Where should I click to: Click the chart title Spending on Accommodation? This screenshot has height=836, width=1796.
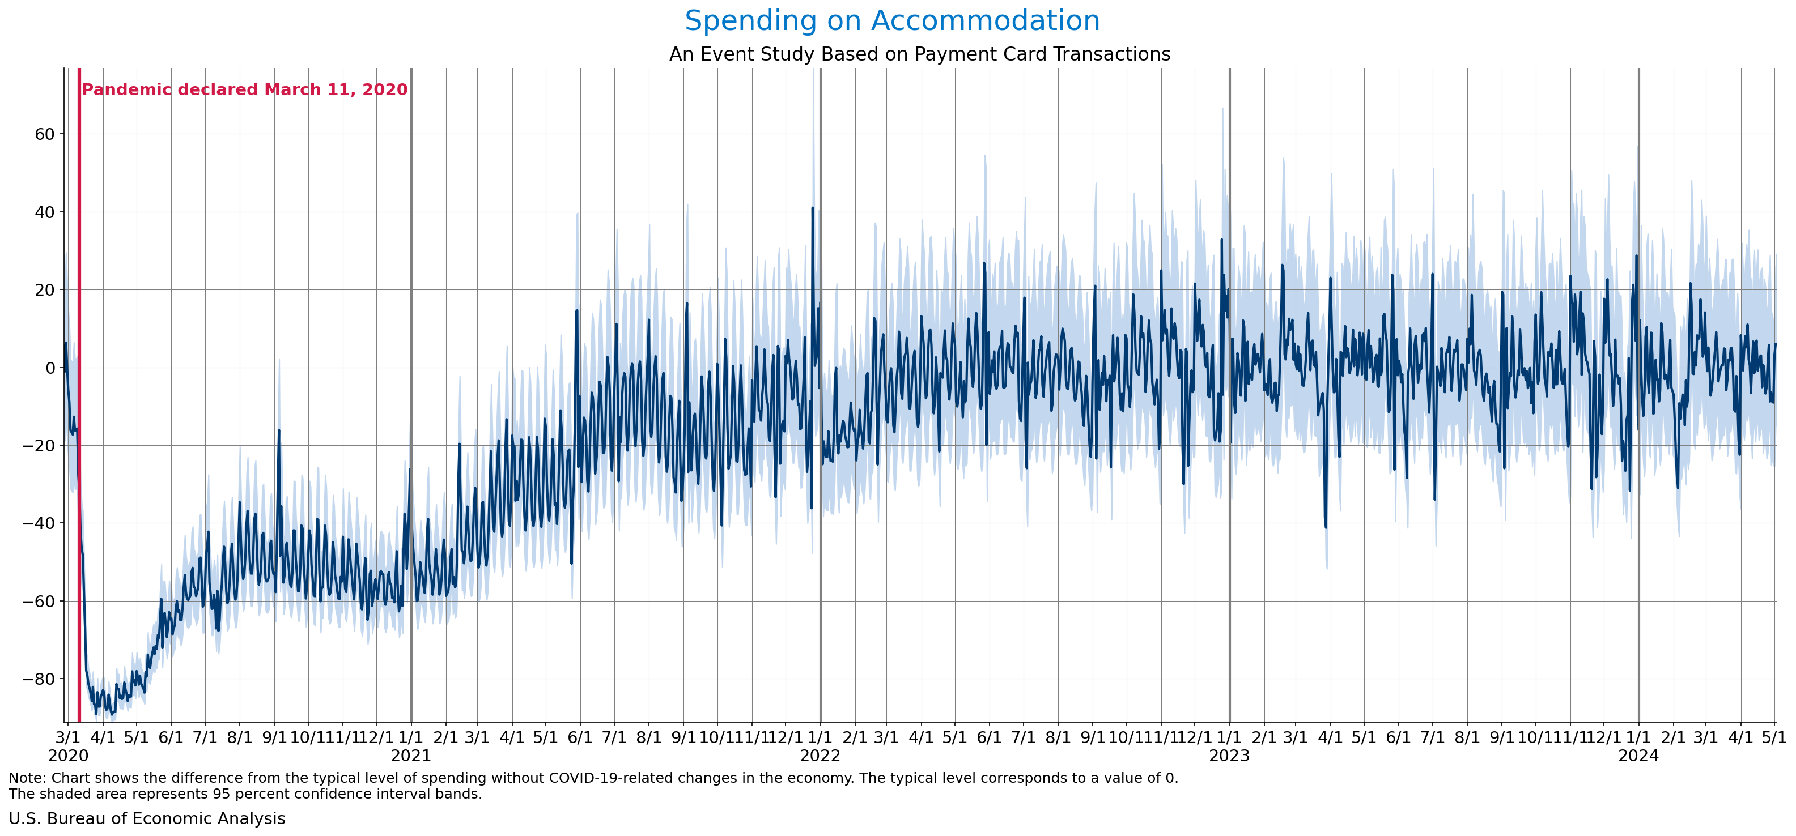pyautogui.click(x=891, y=21)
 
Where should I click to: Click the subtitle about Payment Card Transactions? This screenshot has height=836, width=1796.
pyautogui.click(x=919, y=54)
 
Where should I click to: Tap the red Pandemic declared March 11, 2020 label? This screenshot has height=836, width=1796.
pyautogui.click(x=245, y=90)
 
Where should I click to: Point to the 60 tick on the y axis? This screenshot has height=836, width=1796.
pyautogui.click(x=45, y=134)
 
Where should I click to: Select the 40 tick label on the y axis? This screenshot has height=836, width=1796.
pyautogui.click(x=45, y=212)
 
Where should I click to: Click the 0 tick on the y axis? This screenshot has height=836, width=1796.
pyautogui.click(x=49, y=368)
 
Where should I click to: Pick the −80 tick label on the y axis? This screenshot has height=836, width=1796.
pyautogui.click(x=39, y=679)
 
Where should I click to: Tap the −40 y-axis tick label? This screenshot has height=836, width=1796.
pyautogui.click(x=39, y=523)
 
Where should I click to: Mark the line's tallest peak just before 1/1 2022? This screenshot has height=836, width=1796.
pyautogui.click(x=812, y=208)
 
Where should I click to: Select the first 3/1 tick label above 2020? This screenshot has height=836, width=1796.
pyautogui.click(x=67, y=737)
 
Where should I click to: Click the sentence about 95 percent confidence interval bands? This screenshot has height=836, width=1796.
pyautogui.click(x=245, y=794)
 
